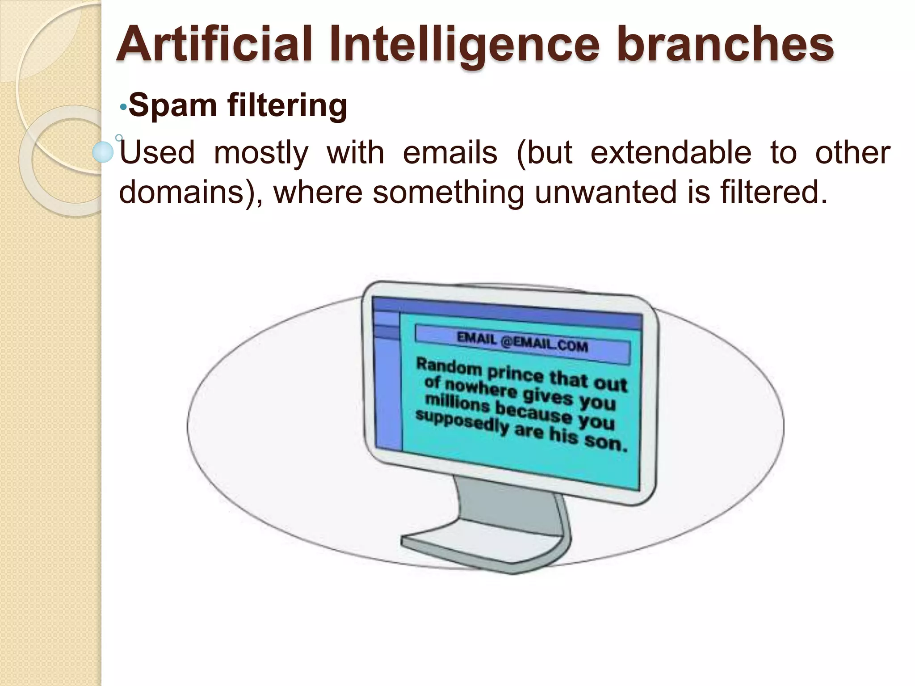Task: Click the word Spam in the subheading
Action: tap(173, 106)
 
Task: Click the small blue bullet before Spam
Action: tap(123, 108)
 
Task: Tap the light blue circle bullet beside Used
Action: tap(103, 152)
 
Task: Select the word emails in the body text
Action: tap(450, 153)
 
